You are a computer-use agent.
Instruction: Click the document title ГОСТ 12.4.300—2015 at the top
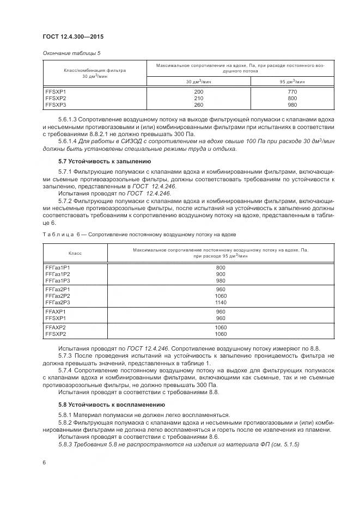[x=73, y=36]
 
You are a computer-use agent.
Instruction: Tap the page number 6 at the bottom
[x=44, y=462]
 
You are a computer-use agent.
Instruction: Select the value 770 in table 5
[x=292, y=92]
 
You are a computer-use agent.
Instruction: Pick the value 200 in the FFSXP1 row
[x=198, y=92]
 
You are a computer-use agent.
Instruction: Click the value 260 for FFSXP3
[x=198, y=105]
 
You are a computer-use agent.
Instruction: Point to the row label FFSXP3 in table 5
[x=56, y=105]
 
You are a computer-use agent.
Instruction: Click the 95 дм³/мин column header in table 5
[x=292, y=82]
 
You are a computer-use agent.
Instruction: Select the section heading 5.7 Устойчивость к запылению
[x=97, y=162]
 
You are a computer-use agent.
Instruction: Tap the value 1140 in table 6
[x=221, y=302]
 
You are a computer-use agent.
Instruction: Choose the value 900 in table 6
[x=221, y=274]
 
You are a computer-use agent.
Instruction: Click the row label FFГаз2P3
[x=58, y=302]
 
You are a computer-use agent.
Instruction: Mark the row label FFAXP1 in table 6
[x=56, y=312]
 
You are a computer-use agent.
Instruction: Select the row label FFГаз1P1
[x=58, y=268]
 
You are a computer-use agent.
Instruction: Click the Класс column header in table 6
[x=75, y=253]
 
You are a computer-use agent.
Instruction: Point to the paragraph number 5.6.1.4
[x=68, y=142]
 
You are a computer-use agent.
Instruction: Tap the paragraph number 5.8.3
[x=65, y=444]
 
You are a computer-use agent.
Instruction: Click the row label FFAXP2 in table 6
[x=56, y=328]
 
